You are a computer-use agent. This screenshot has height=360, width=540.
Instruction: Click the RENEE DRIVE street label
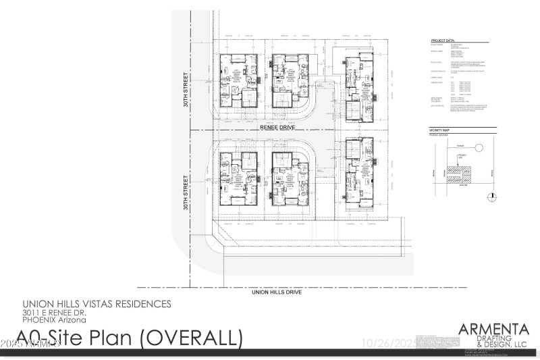278,126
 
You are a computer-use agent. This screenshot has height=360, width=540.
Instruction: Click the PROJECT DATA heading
443,40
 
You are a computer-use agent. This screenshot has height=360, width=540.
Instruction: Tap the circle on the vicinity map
478,147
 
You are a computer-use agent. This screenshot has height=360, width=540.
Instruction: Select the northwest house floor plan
240,80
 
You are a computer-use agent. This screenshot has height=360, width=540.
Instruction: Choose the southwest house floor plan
240,178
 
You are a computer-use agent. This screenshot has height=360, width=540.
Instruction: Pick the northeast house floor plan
357,88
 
